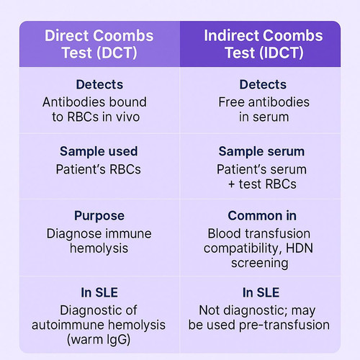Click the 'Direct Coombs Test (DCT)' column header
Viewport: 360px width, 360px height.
[x=99, y=44]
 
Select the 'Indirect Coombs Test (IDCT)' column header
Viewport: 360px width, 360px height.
[x=264, y=44]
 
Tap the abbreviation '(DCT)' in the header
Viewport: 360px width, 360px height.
[x=117, y=53]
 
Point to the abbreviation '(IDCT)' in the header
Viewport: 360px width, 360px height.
[x=282, y=53]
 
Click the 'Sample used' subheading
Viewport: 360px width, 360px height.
[x=99, y=151]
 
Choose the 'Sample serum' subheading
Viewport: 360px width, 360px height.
[x=261, y=151]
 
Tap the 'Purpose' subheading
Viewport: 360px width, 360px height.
[x=99, y=216]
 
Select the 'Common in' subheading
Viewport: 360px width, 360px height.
[x=262, y=215]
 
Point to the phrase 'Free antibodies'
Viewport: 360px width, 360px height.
[x=264, y=102]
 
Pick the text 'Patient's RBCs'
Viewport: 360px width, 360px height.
[x=99, y=169]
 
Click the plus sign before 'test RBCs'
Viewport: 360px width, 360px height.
[x=231, y=184]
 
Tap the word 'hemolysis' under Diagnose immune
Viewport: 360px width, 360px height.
[x=99, y=248]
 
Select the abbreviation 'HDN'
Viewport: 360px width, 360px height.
[x=300, y=248]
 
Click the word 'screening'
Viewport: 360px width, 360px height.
[x=260, y=264]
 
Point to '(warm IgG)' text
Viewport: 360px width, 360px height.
[x=99, y=340]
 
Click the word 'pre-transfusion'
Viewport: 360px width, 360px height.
[x=284, y=325]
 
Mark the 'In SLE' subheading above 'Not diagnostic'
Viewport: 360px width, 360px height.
[x=261, y=292]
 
